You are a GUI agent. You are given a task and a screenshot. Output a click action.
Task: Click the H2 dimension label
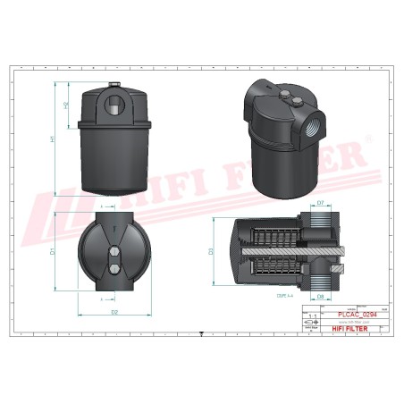(x=66, y=105)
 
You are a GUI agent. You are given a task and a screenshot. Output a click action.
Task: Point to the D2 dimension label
(x=114, y=313)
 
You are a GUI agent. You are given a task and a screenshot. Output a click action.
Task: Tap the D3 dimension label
(x=212, y=252)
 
